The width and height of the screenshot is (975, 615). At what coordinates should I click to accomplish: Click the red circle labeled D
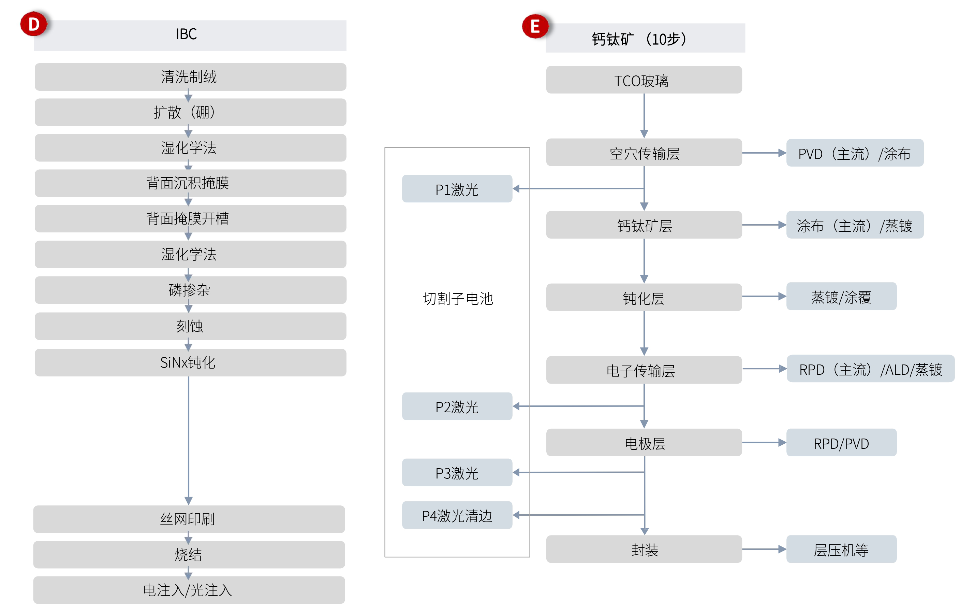pyautogui.click(x=34, y=24)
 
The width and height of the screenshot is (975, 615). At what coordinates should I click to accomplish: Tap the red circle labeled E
pyautogui.click(x=535, y=27)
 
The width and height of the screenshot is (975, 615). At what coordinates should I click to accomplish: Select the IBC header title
pyautogui.click(x=186, y=34)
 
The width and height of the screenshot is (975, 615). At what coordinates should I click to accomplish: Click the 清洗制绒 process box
pyautogui.click(x=190, y=77)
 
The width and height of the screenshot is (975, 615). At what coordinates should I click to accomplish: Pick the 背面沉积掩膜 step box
pyautogui.click(x=190, y=183)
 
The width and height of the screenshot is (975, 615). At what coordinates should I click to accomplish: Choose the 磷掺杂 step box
pyautogui.click(x=190, y=290)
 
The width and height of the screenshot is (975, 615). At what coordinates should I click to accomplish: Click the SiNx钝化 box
pyautogui.click(x=190, y=362)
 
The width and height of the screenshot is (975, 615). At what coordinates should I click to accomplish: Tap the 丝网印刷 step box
pyautogui.click(x=189, y=519)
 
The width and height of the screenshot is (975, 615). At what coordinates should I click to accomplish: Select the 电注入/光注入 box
pyautogui.click(x=189, y=590)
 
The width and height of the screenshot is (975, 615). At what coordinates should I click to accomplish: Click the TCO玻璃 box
pyautogui.click(x=644, y=80)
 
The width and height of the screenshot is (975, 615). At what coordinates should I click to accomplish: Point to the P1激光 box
pyautogui.click(x=457, y=189)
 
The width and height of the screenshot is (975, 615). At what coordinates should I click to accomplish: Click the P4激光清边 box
pyautogui.click(x=457, y=515)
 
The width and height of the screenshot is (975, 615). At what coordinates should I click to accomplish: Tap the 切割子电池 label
pyautogui.click(x=458, y=299)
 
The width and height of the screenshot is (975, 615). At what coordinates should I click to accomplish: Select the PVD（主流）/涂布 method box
pyautogui.click(x=854, y=153)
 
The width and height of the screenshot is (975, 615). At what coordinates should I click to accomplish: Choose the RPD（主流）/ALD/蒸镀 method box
pyautogui.click(x=871, y=369)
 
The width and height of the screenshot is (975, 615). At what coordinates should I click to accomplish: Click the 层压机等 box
pyautogui.click(x=841, y=549)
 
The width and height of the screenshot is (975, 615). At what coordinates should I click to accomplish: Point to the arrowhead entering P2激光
pyautogui.click(x=516, y=406)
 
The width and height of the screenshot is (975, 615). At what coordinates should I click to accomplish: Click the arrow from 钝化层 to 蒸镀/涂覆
pyautogui.click(x=764, y=297)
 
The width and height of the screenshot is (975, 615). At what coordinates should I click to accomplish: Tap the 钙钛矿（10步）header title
pyautogui.click(x=640, y=39)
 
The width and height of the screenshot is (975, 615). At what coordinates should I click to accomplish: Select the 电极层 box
pyautogui.click(x=644, y=443)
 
